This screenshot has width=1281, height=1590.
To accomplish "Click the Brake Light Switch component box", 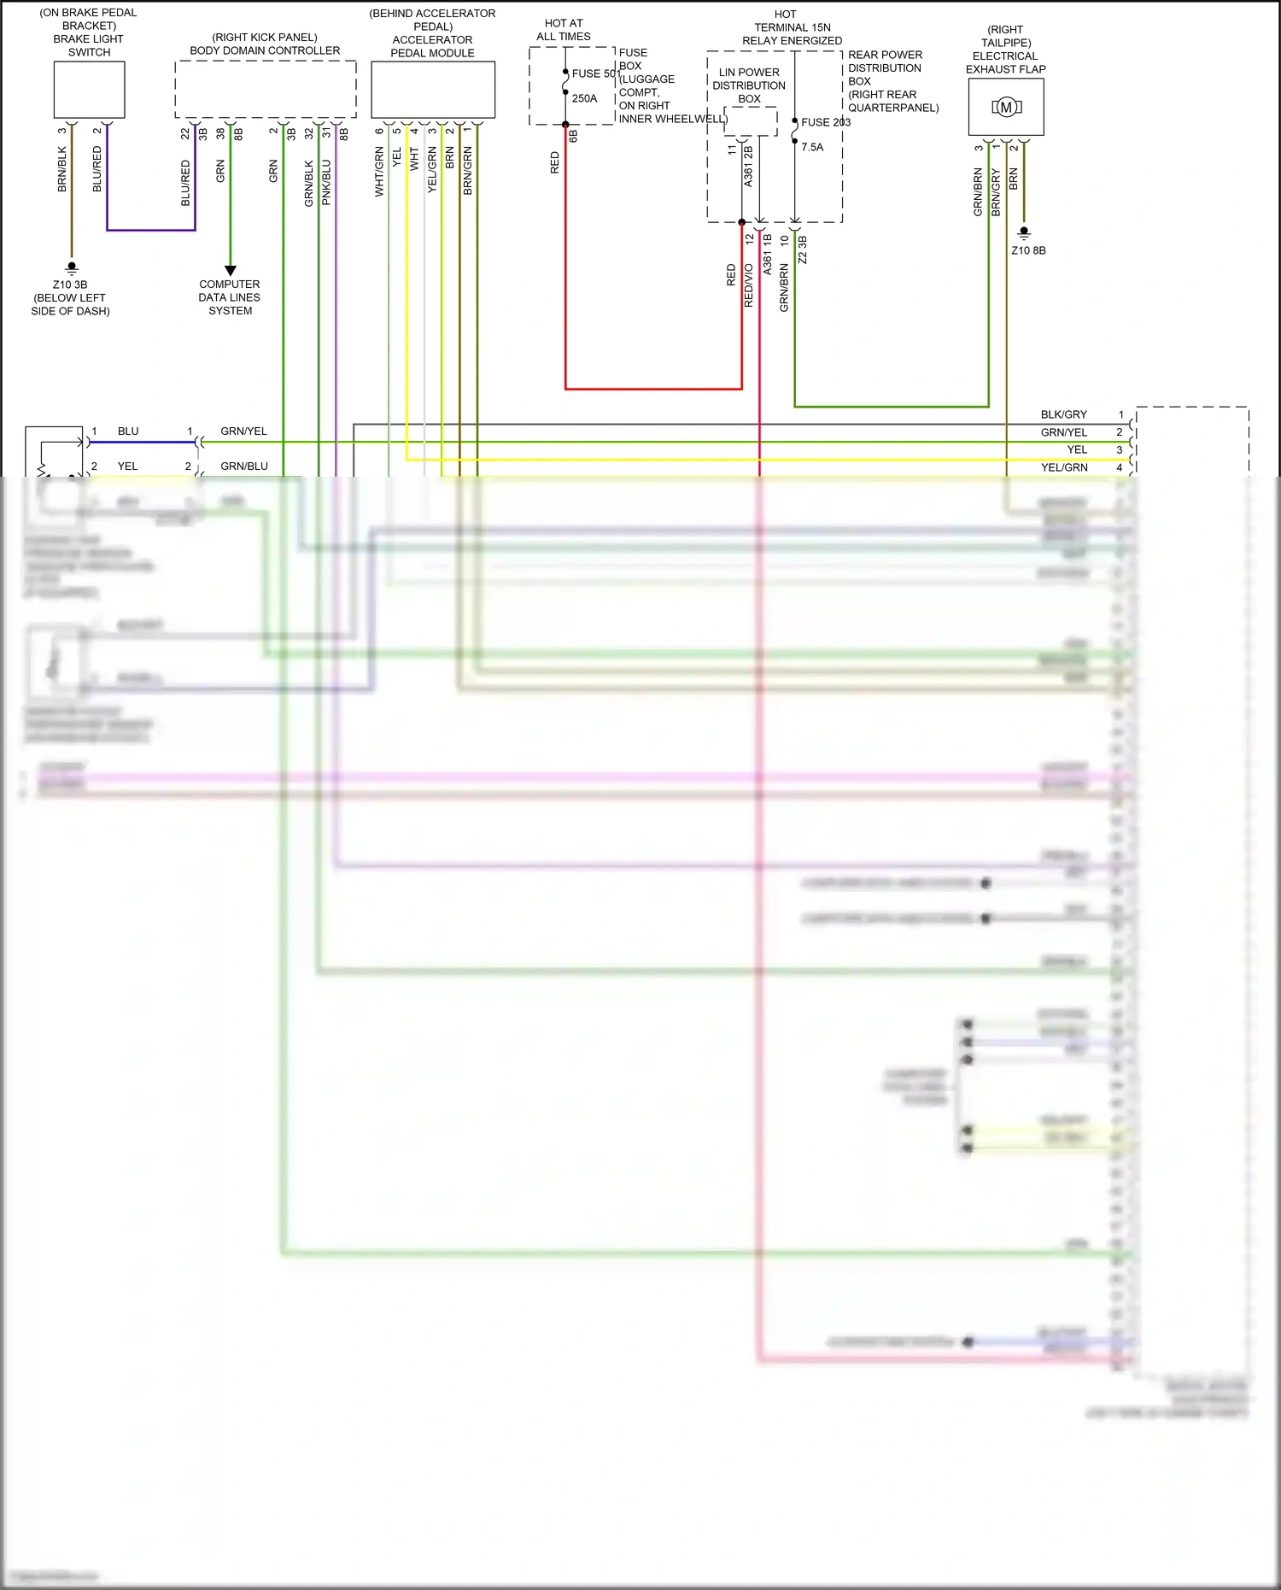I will coord(89,90).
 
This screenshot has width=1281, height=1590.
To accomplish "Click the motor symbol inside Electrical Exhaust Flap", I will coord(1006,107).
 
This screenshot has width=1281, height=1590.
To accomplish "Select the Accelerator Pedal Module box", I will coord(433,90).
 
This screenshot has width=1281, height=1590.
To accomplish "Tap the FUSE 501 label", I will coord(594,73).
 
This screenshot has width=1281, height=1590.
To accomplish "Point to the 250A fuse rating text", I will coord(585,98).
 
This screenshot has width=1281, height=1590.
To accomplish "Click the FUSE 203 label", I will coord(825,122).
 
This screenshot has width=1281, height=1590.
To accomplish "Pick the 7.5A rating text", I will coord(812,147).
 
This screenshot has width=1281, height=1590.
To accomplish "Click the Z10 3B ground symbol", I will coord(72,267).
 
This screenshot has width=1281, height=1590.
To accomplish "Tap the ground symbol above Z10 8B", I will coord(1024,232).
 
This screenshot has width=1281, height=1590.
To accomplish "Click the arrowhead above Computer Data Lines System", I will coord(230,270).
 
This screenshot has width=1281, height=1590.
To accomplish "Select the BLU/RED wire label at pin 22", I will coord(185,183).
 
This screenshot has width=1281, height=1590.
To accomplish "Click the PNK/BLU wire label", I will coord(326,182).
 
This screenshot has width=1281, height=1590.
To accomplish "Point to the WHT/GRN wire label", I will coord(379,172).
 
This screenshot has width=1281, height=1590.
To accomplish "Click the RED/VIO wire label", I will coord(749,285).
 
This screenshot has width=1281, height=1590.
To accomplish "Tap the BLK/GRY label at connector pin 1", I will coord(1063,414).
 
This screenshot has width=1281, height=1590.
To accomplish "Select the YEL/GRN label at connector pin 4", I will coord(1063,467).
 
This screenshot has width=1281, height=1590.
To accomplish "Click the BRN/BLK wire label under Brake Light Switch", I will coord(62,168).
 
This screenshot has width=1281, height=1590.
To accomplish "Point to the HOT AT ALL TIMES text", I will coord(564,30).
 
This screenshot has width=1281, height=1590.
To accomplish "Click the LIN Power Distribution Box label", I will coord(749,85).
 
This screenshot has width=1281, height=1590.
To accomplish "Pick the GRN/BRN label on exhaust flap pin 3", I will coord(978,191).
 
